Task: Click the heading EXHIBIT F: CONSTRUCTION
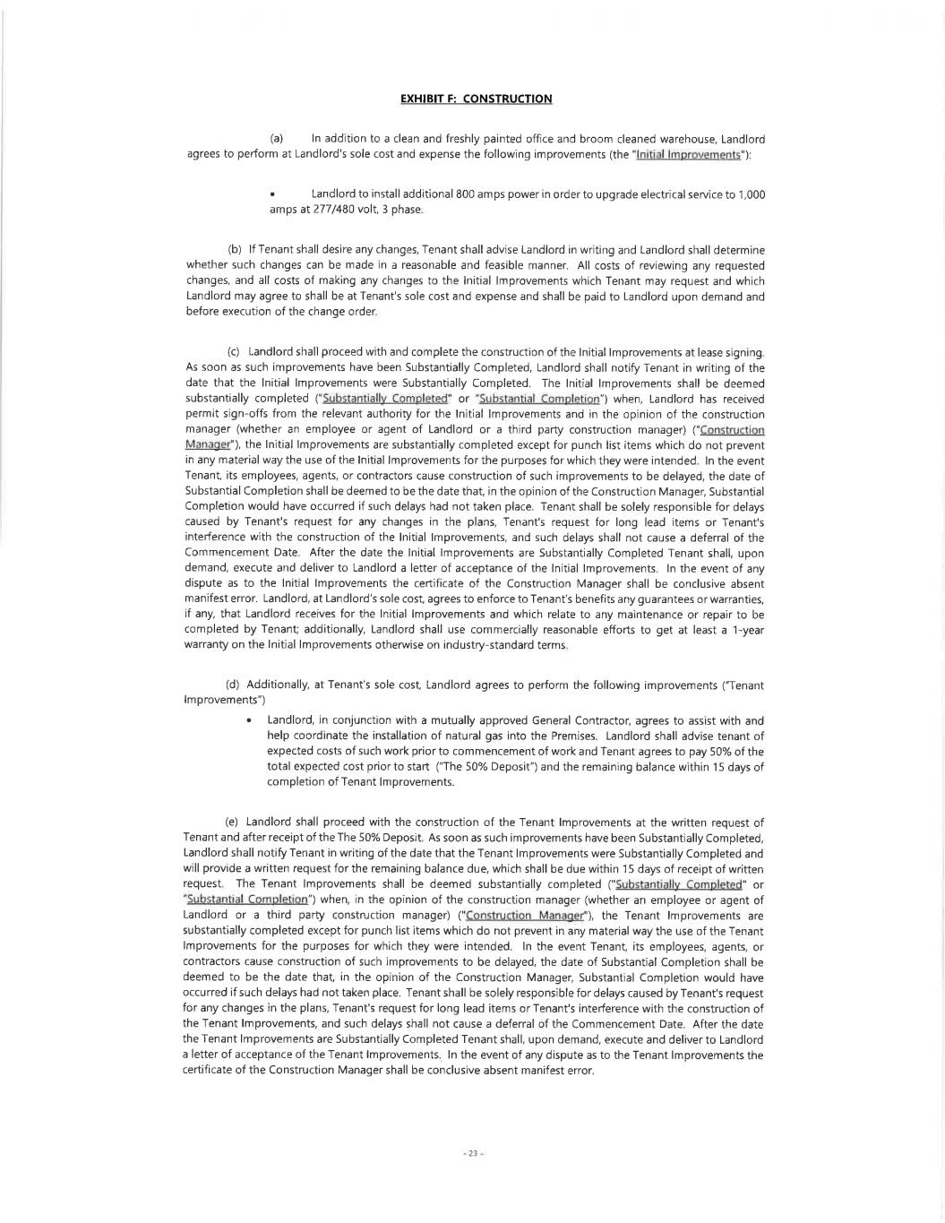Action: (x=476, y=99)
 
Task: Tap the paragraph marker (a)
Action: (x=277, y=139)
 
